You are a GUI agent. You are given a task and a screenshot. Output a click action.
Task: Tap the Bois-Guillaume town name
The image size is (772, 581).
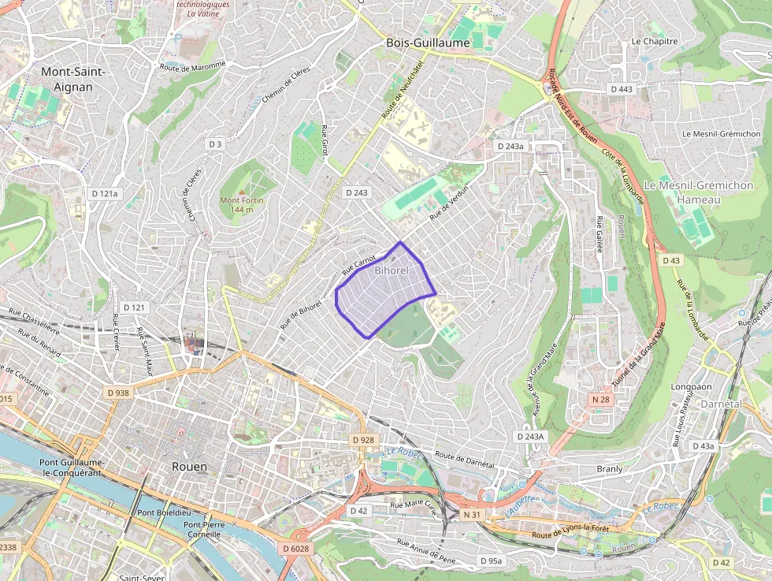tap(428, 43)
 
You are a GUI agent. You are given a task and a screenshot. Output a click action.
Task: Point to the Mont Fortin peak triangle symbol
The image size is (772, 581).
tap(242, 192)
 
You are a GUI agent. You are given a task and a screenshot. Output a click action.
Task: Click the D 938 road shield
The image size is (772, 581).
tap(117, 392)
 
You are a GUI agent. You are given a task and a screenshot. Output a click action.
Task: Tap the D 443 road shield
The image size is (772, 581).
tap(622, 89)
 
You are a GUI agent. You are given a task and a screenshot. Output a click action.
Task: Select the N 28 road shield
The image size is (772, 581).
tap(600, 400)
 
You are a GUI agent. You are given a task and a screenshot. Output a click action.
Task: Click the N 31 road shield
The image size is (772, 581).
tap(472, 515)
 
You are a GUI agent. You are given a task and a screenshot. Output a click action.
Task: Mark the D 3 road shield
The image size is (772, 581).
tap(215, 144)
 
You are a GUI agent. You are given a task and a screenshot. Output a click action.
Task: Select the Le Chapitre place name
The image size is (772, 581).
tap(654, 41)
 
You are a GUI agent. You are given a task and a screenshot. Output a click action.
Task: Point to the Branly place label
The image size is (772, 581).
tap(610, 468)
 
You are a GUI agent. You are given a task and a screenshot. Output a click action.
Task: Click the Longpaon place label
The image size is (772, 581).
tap(691, 387)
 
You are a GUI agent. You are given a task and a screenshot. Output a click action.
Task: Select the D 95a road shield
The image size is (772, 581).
tap(491, 561)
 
